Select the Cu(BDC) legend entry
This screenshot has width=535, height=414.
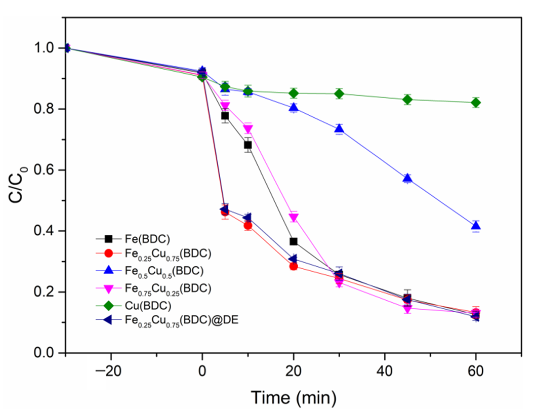coord(148,306)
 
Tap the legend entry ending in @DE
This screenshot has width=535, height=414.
coord(181,321)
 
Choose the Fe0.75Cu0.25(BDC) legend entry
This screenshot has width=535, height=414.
coord(168,289)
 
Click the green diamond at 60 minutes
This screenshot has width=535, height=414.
coord(476,103)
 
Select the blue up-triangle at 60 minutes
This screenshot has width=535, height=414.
coord(476,225)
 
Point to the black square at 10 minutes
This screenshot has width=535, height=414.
coord(248,145)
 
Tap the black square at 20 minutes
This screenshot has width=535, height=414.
coord(293,241)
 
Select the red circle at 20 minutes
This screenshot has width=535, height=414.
coord(293,266)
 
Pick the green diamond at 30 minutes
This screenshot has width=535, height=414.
coord(339,94)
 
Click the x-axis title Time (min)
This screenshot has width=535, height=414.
coord(294,398)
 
